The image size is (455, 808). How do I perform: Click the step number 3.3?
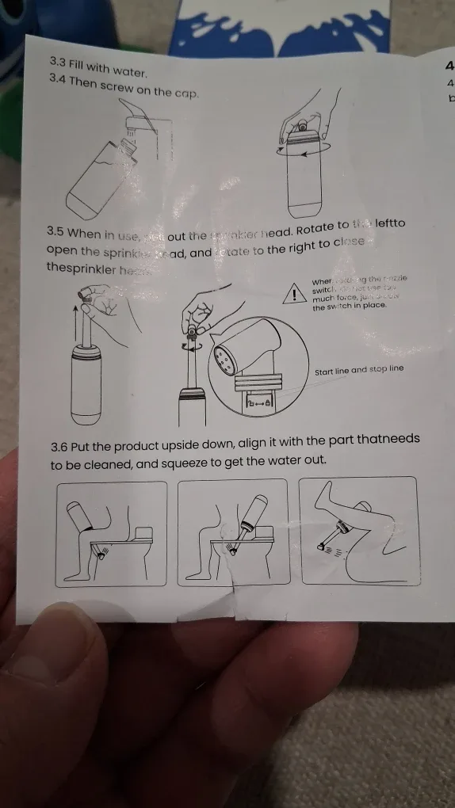pyautogui.click(x=59, y=62)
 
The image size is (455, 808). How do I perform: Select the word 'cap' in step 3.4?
pyautogui.click(x=185, y=93)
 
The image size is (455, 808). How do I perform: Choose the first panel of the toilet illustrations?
pyautogui.click(x=111, y=533)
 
